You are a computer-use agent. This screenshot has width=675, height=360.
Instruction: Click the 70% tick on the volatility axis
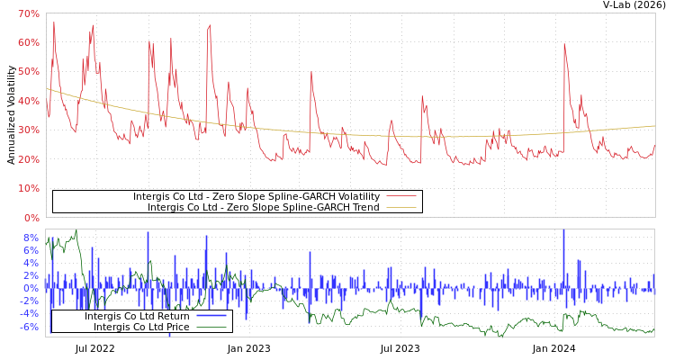28,13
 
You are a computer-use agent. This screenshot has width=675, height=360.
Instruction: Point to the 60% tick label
28,42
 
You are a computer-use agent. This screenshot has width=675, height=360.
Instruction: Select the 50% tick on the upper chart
28,72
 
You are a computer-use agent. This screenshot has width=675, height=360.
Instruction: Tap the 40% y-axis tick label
28,101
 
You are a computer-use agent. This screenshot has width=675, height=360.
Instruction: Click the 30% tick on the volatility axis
28,130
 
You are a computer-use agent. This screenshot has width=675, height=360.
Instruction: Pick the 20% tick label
28,159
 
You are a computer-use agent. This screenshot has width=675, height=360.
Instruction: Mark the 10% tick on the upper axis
28,188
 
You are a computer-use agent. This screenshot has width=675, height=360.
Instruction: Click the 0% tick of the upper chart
31,217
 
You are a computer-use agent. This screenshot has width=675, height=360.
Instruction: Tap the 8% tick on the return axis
31,238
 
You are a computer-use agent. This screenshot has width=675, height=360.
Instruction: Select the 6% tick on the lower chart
31,250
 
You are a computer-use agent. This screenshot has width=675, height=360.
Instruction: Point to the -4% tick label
30,313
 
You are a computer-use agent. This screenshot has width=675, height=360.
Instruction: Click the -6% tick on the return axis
30,326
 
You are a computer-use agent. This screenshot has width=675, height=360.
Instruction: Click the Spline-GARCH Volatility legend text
256,196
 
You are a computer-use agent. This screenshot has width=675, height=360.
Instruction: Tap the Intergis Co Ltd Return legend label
137,316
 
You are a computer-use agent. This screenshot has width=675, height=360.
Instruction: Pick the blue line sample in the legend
211,316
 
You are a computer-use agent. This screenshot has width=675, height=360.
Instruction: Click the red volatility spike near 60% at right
564,45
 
